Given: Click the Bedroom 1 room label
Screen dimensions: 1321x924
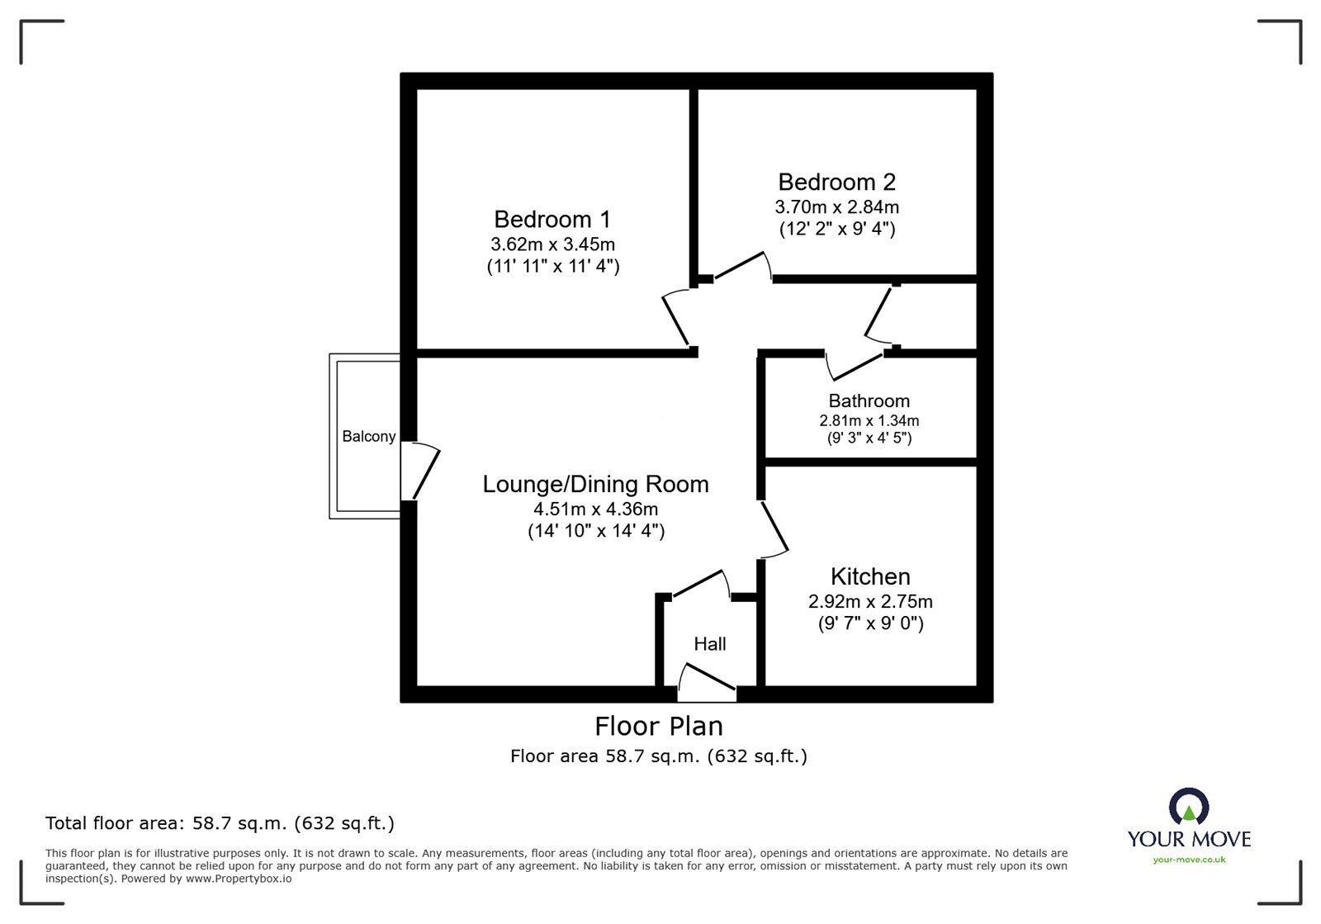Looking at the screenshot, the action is click(x=552, y=220).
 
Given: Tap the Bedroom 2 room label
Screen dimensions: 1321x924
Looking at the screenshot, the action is click(x=837, y=182).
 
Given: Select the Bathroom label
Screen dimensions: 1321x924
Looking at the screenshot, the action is click(x=869, y=401).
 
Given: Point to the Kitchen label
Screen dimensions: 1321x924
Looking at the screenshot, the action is click(x=870, y=576).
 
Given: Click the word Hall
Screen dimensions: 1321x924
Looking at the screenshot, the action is click(x=709, y=644).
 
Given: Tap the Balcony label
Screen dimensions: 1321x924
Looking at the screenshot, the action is click(x=368, y=436).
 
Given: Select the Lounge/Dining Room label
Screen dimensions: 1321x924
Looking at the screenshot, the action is click(x=595, y=484).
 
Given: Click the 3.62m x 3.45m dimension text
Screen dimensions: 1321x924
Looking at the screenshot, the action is click(x=552, y=244).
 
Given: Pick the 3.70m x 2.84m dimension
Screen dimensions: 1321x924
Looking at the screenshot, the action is click(x=837, y=207).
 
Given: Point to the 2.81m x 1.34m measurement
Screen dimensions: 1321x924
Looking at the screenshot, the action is click(x=869, y=420).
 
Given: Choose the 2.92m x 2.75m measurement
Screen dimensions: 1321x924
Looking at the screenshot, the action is click(x=870, y=601).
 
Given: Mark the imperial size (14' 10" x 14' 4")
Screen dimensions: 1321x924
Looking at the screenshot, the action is click(x=596, y=531).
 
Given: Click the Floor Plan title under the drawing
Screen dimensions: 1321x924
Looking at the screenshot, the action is click(x=659, y=727).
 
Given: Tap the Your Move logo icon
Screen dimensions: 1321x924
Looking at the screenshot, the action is click(x=1189, y=805).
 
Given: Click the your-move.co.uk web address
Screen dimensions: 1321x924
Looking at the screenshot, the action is click(x=1189, y=860).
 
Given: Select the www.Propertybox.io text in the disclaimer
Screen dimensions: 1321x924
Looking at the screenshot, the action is click(x=239, y=879).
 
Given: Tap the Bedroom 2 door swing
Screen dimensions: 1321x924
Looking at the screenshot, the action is click(x=743, y=265).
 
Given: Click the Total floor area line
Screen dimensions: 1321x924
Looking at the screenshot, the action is click(x=220, y=823).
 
